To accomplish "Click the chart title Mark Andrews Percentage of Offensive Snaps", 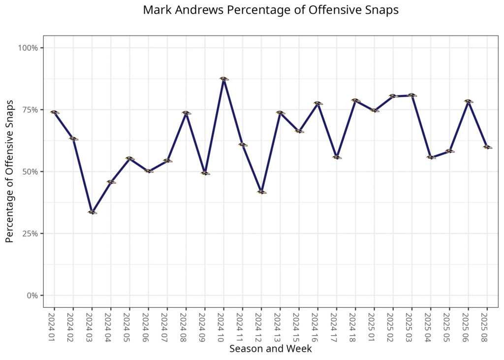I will (x=271, y=10).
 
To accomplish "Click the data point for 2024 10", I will (x=224, y=78).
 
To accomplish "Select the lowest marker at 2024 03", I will (x=92, y=212).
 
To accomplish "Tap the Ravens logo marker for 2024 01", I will (x=54, y=112).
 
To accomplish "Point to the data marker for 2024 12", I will (x=261, y=192).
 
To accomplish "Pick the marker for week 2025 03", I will (x=412, y=95).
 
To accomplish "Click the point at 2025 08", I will (x=487, y=147).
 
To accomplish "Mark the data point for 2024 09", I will (x=205, y=173).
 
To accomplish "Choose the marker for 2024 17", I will (x=337, y=157).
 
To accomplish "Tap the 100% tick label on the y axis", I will (x=29, y=48).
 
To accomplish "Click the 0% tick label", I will (x=32, y=295).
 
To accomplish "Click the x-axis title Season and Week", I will (x=270, y=349).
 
